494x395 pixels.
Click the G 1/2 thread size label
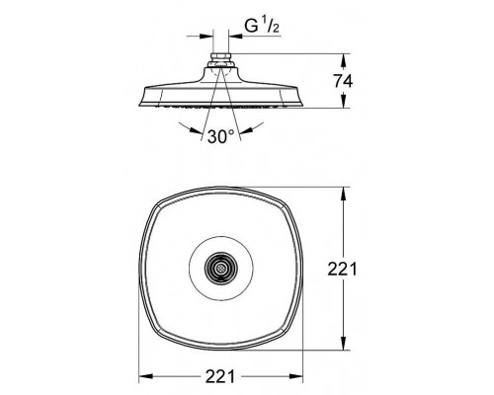click(263, 26)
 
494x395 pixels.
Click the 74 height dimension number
click(343, 81)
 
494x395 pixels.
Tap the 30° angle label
click(220, 136)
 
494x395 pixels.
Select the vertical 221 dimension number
click(342, 270)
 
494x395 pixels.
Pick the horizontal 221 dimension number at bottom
click(220, 376)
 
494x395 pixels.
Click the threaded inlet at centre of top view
click(220, 269)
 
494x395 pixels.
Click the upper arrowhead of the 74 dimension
click(343, 60)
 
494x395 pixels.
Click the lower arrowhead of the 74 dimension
click(343, 101)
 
